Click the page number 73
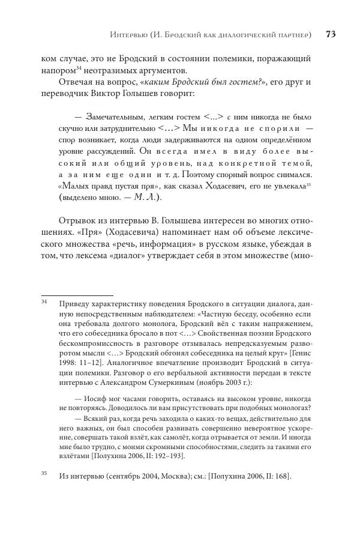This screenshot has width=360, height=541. [x=330, y=34]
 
